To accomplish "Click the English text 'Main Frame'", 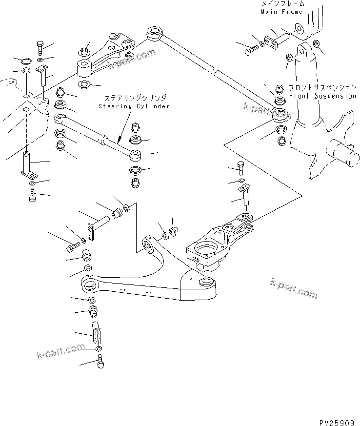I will [281, 11].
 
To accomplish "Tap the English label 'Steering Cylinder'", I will [134, 106].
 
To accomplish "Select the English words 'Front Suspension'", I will [322, 96].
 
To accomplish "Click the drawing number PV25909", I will [335, 419].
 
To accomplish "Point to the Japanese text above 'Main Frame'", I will [281, 4].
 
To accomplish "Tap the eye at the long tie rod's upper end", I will [155, 35].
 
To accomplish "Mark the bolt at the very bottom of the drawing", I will [101, 362].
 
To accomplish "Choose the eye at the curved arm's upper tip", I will [148, 242].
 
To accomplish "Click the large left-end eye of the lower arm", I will [89, 284].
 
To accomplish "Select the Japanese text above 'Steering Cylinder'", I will [134, 98].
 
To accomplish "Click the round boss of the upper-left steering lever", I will [86, 67].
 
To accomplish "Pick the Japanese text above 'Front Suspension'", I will [322, 88].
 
